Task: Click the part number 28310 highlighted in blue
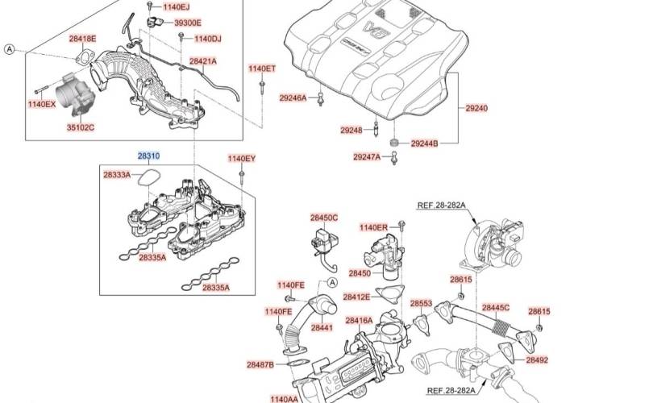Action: tap(148, 156)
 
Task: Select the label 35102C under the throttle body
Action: tap(80, 127)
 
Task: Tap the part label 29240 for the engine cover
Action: tap(476, 108)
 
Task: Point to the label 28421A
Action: tap(203, 60)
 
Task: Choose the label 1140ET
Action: tap(262, 69)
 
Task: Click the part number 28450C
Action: tap(324, 218)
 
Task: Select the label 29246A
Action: tap(293, 98)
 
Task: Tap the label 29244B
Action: tap(424, 143)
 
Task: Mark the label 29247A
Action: tap(367, 157)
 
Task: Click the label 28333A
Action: tap(117, 174)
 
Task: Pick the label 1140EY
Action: tap(241, 159)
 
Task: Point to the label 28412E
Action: tap(356, 297)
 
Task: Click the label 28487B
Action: tap(260, 365)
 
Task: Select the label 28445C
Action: tap(496, 308)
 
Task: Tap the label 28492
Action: tap(537, 360)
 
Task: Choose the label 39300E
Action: tap(188, 23)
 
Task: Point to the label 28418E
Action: tap(82, 39)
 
